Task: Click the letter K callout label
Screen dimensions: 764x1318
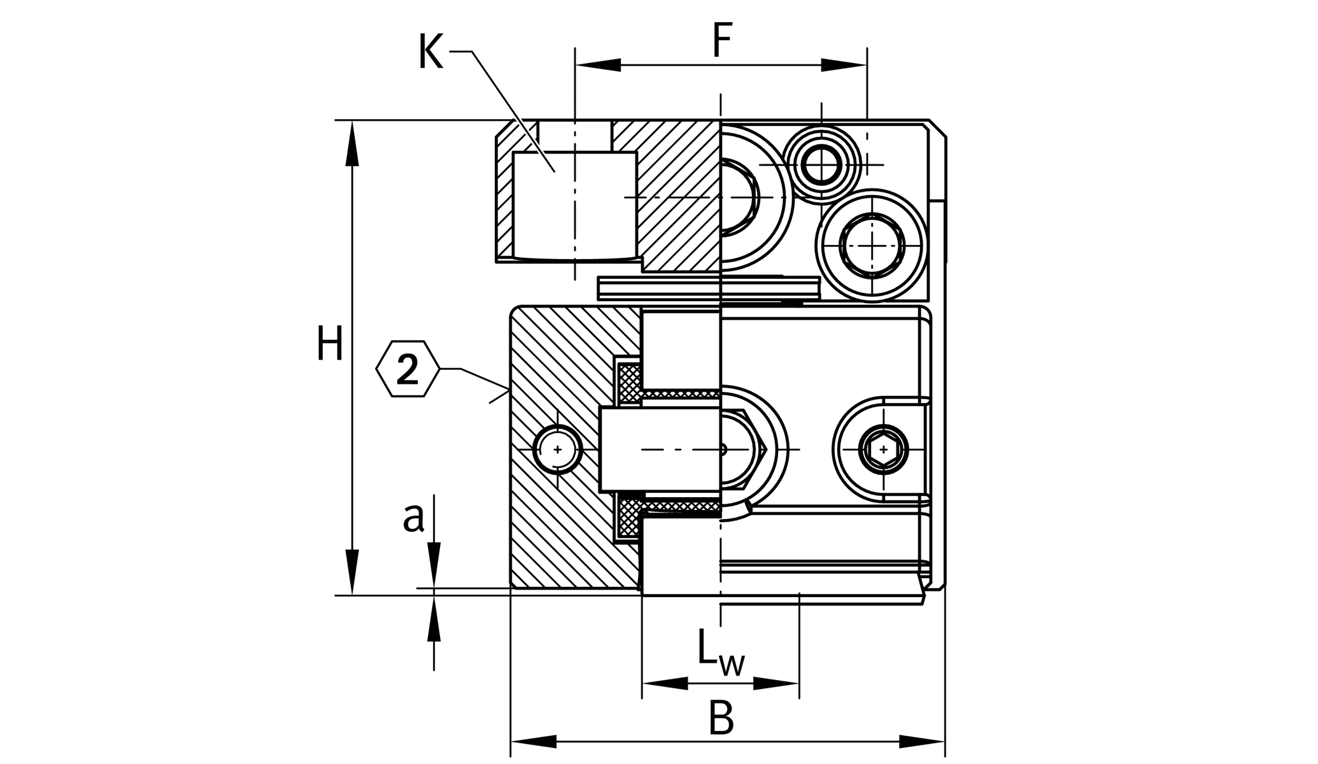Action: tap(430, 53)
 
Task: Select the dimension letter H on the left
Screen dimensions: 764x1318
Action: tap(330, 344)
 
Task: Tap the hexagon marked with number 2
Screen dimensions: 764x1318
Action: tap(407, 369)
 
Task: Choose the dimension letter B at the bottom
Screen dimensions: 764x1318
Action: tap(721, 718)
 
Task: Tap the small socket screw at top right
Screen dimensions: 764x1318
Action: tap(821, 165)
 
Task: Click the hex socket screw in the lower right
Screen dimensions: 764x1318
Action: tap(883, 449)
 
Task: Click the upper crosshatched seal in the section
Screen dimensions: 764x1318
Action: tap(630, 383)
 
